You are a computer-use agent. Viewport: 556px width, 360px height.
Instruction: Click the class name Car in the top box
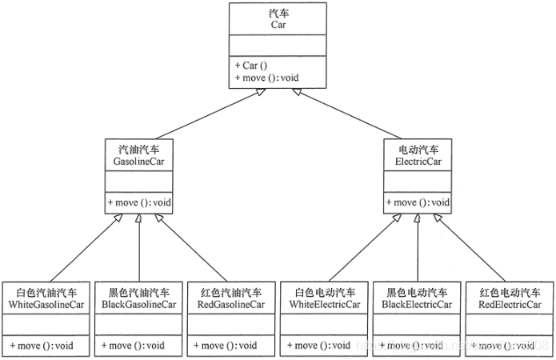tap(278, 25)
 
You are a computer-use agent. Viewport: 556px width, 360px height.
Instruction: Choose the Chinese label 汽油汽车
tap(139, 149)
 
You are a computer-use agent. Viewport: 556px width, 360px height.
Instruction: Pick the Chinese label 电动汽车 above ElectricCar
tap(417, 149)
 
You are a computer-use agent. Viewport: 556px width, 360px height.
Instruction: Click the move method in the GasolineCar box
tap(139, 202)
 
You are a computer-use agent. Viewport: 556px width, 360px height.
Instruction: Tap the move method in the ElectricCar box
tap(417, 202)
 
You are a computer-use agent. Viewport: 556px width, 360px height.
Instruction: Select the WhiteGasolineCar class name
tap(46, 305)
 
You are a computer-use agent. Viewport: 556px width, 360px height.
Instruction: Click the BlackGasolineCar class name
tap(139, 305)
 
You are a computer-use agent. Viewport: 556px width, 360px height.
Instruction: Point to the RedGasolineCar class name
tap(232, 305)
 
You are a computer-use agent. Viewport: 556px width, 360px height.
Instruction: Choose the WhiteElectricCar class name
tap(324, 305)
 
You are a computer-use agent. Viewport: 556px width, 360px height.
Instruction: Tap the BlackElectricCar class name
tap(417, 305)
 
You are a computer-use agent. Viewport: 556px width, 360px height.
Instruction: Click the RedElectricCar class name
tap(509, 305)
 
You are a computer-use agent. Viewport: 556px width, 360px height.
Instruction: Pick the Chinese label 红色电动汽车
tap(509, 293)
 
